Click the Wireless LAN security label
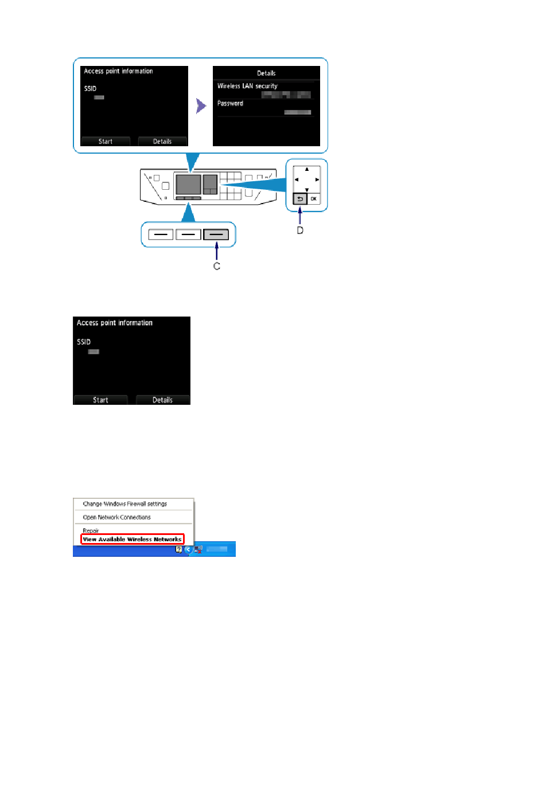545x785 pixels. tap(247, 86)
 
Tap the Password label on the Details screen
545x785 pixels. tap(230, 103)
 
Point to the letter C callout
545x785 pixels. tap(217, 266)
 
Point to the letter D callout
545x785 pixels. tap(300, 231)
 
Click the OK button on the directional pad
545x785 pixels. tap(313, 199)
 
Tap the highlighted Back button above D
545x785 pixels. tap(300, 199)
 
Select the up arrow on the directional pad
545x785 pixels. tap(307, 169)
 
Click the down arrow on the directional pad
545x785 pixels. tap(307, 190)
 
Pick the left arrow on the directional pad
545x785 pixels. tap(297, 179)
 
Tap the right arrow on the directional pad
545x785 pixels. tap(317, 179)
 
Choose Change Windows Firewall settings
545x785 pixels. tap(125, 504)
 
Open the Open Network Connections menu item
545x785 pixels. tap(117, 517)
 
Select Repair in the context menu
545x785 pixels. tap(91, 530)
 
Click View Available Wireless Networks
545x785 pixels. tap(132, 540)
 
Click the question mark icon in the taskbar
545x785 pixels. tap(179, 549)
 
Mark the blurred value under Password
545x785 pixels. tap(298, 112)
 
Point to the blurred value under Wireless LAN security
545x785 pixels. tap(286, 95)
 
